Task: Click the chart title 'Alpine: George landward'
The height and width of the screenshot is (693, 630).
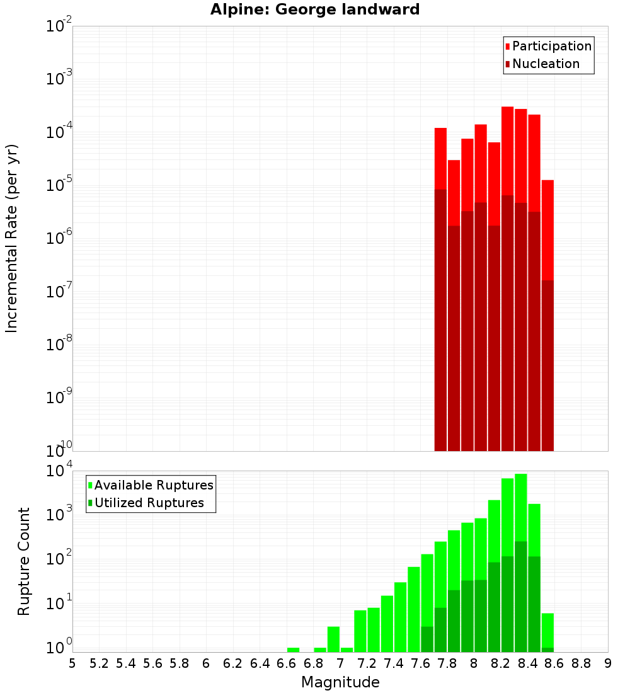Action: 315,9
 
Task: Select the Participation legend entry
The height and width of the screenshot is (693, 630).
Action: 548,46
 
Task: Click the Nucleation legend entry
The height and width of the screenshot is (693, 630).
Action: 542,64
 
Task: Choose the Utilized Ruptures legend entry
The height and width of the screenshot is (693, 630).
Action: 145,503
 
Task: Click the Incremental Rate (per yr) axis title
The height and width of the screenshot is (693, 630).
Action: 12,238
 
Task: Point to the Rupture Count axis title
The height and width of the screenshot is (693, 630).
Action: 24,561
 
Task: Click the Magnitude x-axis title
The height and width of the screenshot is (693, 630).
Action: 340,682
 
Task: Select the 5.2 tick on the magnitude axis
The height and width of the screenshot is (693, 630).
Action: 99,663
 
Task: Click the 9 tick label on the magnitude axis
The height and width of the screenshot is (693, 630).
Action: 608,663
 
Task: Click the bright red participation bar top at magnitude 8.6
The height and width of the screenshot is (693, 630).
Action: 547,183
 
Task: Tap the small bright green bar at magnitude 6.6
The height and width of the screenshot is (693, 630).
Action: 293,650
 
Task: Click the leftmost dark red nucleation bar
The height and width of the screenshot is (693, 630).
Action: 440,315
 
